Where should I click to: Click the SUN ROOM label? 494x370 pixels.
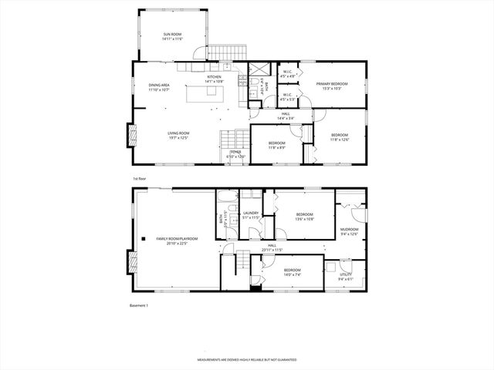pyautogui.click(x=171, y=34)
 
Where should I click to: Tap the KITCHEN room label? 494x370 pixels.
pyautogui.click(x=214, y=77)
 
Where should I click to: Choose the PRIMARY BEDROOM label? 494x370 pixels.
pyautogui.click(x=331, y=83)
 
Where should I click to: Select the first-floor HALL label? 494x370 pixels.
pyautogui.click(x=285, y=114)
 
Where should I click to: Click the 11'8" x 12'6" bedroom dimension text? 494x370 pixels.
pyautogui.click(x=340, y=140)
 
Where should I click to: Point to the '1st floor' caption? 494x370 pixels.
pyautogui.click(x=139, y=178)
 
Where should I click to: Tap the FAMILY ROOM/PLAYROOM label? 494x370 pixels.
pyautogui.click(x=177, y=239)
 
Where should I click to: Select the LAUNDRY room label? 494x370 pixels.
pyautogui.click(x=250, y=213)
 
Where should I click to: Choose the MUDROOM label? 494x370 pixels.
pyautogui.click(x=350, y=229)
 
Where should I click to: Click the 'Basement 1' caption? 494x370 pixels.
pyautogui.click(x=139, y=306)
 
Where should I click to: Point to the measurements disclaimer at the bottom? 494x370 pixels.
pyautogui.click(x=247, y=359)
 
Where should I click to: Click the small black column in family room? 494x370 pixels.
pyautogui.click(x=140, y=239)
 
